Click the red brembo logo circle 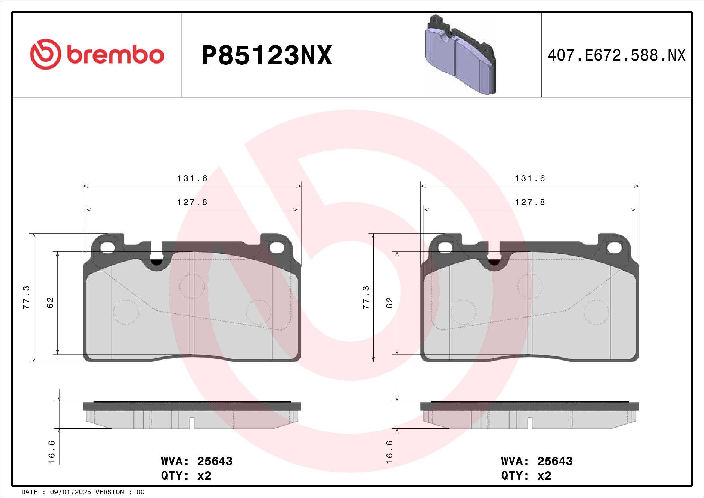(45, 54)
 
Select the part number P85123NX (267, 55)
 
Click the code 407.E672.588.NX (616, 55)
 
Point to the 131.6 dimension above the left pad (192, 179)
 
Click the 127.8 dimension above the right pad (530, 202)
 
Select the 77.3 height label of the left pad (27, 297)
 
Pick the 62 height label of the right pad (389, 303)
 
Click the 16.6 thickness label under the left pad (52, 452)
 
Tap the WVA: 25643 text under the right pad (537, 461)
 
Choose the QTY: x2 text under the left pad (186, 476)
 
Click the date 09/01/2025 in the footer (70, 492)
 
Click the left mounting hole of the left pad (107, 248)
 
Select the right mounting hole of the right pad (615, 248)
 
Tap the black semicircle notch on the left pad (157, 263)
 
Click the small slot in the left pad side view (192, 422)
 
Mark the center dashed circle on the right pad (530, 286)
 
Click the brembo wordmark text (115, 55)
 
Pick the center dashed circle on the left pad (192, 286)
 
